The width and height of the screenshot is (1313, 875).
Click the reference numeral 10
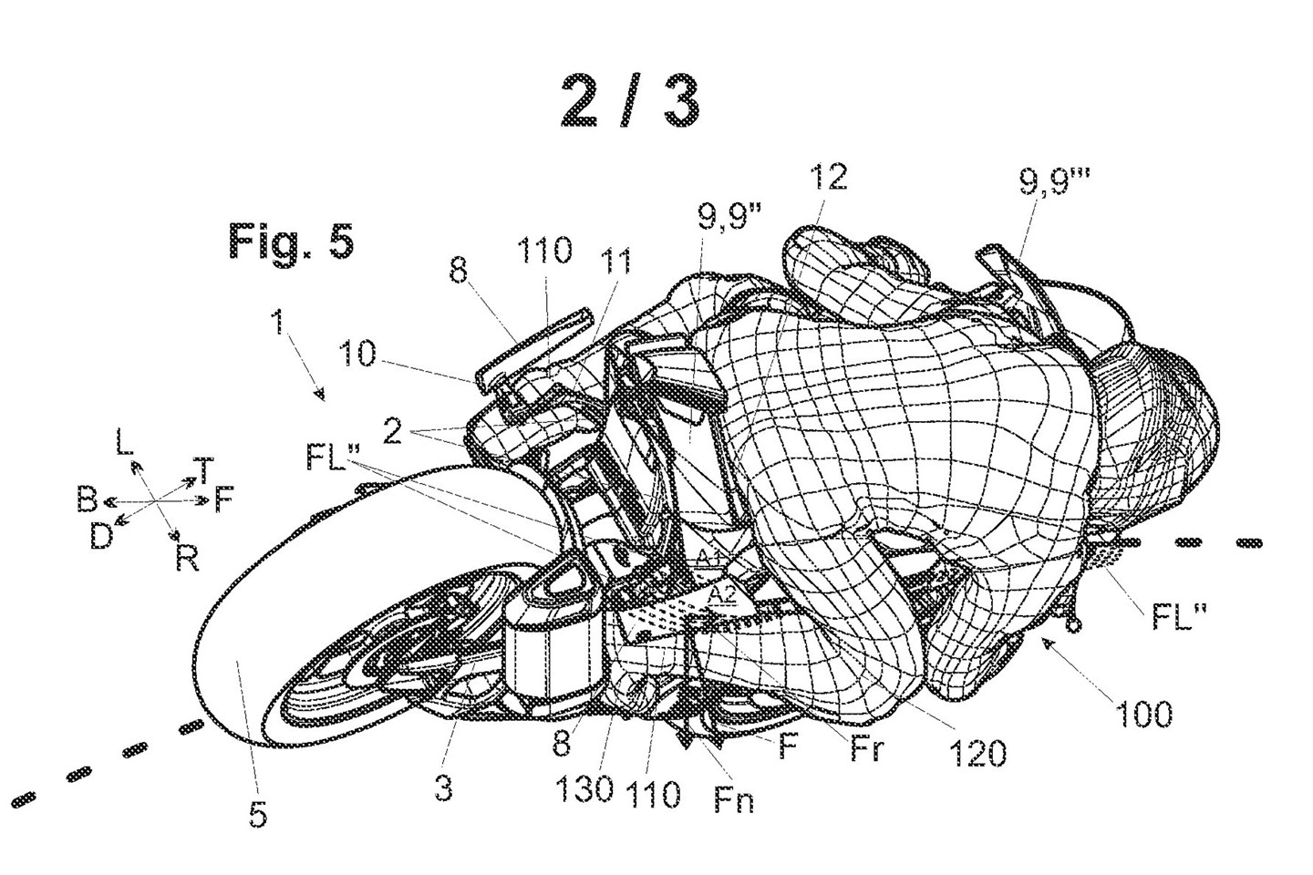pyautogui.click(x=358, y=354)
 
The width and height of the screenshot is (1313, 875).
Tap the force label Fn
pyautogui.click(x=736, y=802)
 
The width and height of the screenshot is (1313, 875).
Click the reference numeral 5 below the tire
pyautogui.click(x=258, y=814)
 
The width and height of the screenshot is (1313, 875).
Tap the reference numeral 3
pyautogui.click(x=442, y=787)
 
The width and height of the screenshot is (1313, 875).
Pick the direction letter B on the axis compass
pyautogui.click(x=88, y=501)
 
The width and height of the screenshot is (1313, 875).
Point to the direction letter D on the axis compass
pyautogui.click(x=100, y=537)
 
